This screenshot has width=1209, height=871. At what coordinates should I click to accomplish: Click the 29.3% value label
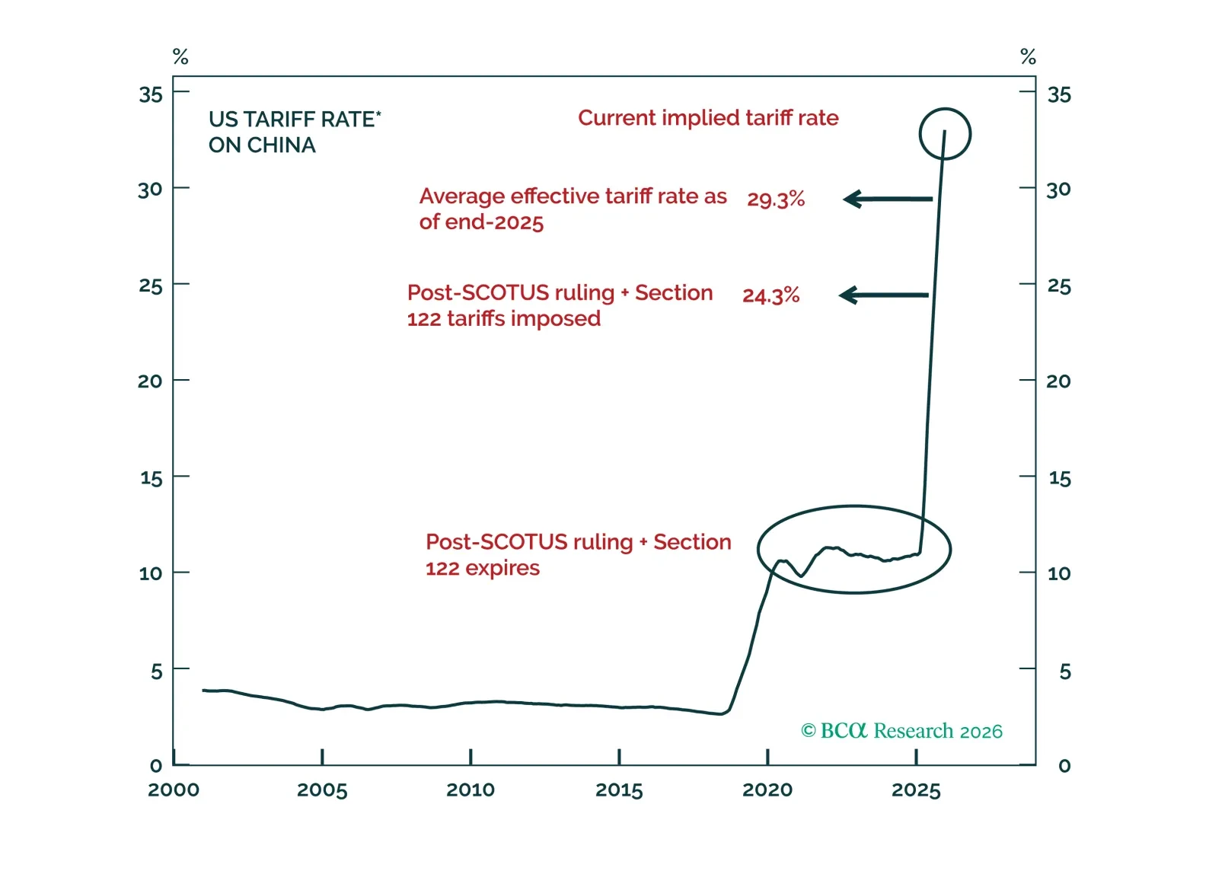(x=775, y=199)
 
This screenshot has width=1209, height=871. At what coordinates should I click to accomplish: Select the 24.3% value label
(x=770, y=295)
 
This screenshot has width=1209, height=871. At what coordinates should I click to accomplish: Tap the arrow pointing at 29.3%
(x=888, y=199)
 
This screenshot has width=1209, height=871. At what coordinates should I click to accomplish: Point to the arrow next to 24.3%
(x=883, y=295)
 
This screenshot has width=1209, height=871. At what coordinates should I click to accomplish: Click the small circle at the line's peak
(x=945, y=134)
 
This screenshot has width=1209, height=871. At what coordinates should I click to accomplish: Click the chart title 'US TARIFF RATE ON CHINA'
(x=294, y=132)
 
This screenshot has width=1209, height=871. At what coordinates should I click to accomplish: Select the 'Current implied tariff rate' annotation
(x=708, y=118)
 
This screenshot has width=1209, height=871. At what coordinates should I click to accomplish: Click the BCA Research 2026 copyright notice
(x=901, y=731)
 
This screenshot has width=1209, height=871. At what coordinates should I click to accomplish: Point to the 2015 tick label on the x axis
(x=619, y=790)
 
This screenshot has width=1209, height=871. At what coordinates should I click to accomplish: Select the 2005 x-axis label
(x=322, y=790)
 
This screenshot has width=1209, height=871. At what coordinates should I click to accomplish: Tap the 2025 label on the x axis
(x=916, y=790)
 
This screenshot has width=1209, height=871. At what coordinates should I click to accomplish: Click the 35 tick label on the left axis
(x=151, y=95)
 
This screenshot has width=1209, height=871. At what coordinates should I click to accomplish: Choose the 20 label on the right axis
(x=1058, y=381)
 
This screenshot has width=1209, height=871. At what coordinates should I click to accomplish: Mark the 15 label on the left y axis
(x=151, y=479)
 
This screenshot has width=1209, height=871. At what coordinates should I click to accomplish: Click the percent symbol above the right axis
(x=1028, y=57)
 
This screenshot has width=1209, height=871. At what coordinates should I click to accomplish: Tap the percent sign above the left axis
(x=180, y=57)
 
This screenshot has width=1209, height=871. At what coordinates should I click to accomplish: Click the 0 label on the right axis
(x=1064, y=766)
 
